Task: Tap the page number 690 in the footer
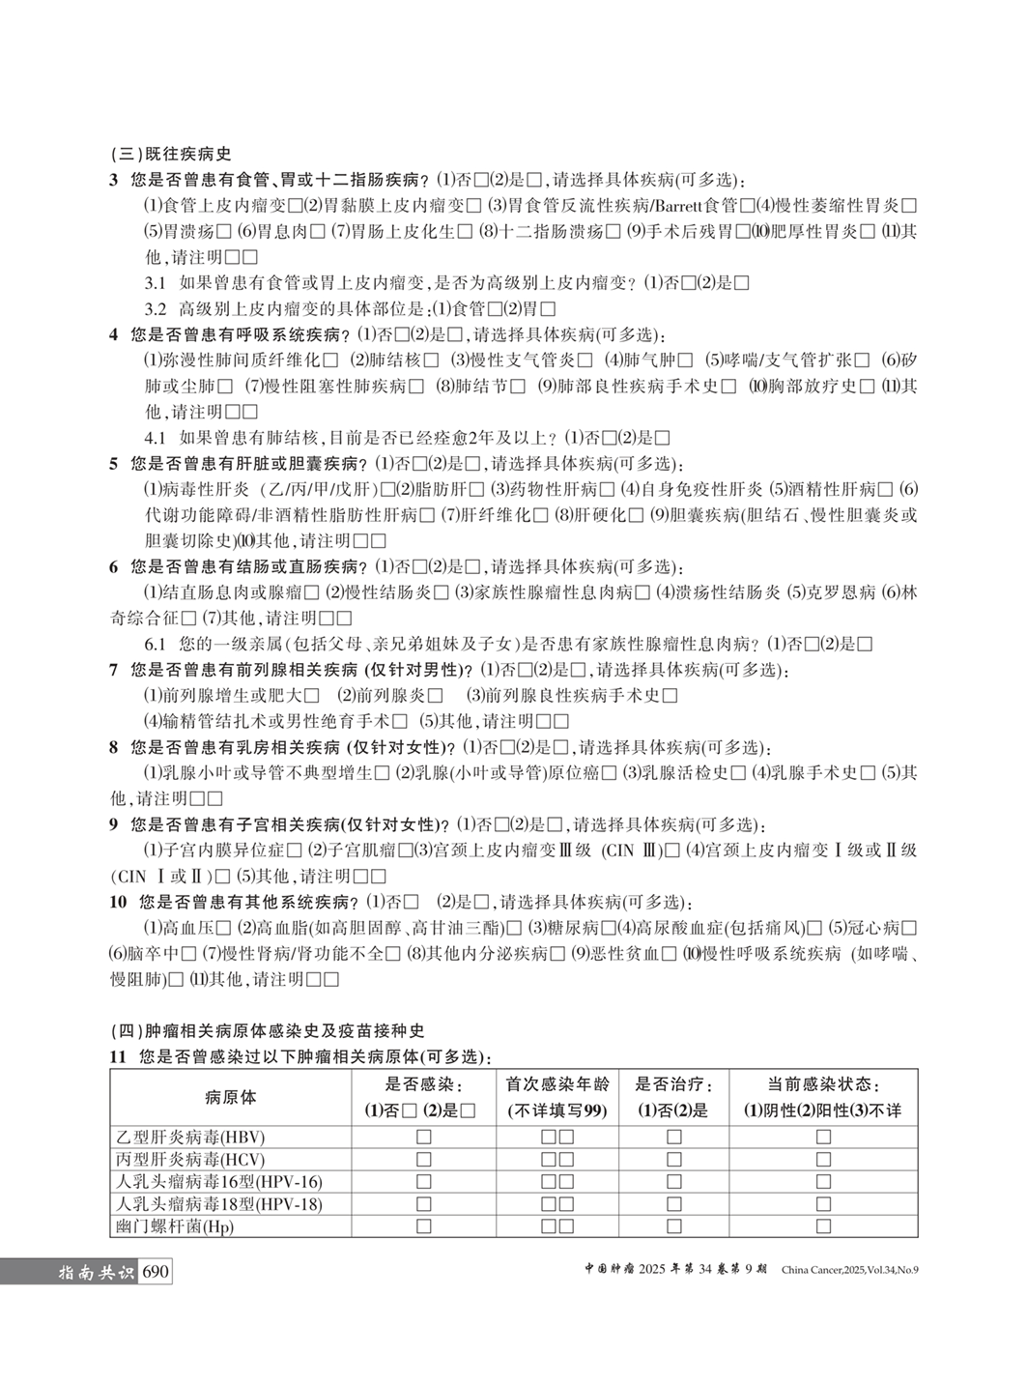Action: (155, 1271)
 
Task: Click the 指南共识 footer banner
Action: (96, 1272)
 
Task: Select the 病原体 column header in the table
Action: (231, 1097)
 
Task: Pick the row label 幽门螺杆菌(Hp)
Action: (175, 1226)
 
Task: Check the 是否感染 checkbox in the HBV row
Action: (424, 1138)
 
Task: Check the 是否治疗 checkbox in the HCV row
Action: (673, 1160)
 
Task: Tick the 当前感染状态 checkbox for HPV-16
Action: (823, 1182)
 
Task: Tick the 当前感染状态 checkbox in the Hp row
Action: (823, 1226)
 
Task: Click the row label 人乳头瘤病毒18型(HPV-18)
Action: (219, 1204)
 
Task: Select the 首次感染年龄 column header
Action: (557, 1097)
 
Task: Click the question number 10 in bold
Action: (118, 903)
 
